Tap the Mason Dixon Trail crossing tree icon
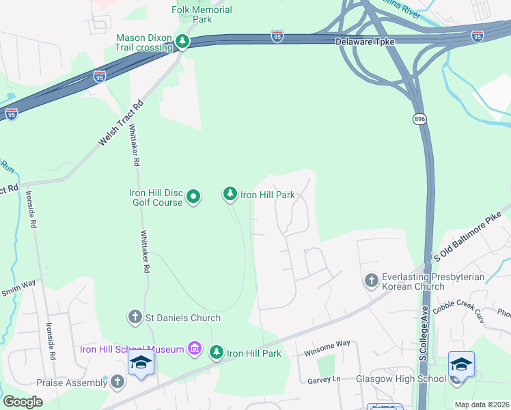pyautogui.click(x=182, y=42)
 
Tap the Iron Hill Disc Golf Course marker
pyautogui.click(x=193, y=197)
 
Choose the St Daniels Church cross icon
pyautogui.click(x=135, y=317)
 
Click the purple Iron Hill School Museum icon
pyautogui.click(x=195, y=349)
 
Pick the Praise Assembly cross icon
pyautogui.click(x=118, y=382)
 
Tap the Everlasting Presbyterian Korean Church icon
pyautogui.click(x=371, y=281)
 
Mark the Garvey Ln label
pyautogui.click(x=323, y=379)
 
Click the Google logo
pyautogui.click(x=23, y=401)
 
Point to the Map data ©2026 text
pyautogui.click(x=482, y=405)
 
